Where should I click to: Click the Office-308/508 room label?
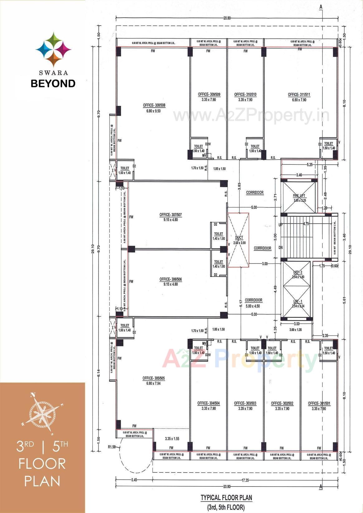(x=154, y=106)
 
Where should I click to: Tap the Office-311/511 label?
(x=299, y=95)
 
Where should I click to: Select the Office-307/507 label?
(x=170, y=215)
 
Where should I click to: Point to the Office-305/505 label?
(x=153, y=378)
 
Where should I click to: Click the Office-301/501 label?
(x=319, y=403)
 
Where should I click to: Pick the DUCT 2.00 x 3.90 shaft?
(x=239, y=240)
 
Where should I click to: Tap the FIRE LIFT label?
(x=299, y=196)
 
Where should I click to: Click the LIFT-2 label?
(x=298, y=272)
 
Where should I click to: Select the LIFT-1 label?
(x=298, y=302)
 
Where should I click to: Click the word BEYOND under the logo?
(x=53, y=83)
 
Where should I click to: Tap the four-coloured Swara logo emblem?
(x=53, y=49)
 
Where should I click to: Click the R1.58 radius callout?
(x=112, y=447)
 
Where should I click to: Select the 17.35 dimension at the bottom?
(x=245, y=480)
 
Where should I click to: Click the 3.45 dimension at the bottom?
(x=134, y=480)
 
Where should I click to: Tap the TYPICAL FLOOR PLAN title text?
(x=226, y=498)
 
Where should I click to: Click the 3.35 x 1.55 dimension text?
(x=172, y=439)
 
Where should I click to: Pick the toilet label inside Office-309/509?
(x=198, y=146)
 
